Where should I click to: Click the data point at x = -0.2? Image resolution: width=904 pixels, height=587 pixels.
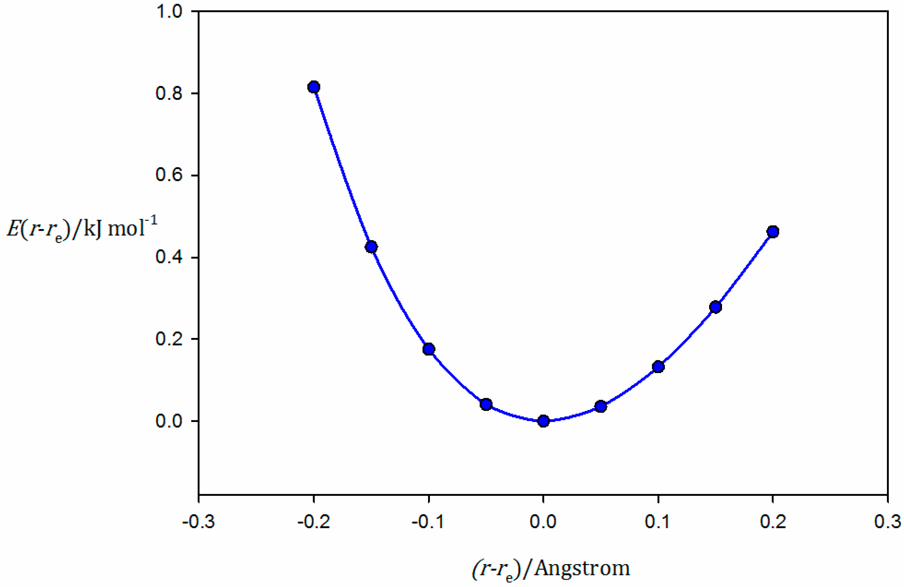coord(314,87)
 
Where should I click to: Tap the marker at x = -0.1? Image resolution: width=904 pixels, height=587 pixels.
coord(429,349)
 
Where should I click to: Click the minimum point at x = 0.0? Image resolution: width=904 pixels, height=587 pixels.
coord(544,421)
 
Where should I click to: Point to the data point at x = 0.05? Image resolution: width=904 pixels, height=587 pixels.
coord(601,407)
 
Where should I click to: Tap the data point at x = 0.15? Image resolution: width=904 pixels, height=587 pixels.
coord(716,307)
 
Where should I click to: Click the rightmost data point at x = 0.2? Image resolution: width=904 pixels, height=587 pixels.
coord(773,231)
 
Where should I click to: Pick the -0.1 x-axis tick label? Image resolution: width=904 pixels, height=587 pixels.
coord(428,522)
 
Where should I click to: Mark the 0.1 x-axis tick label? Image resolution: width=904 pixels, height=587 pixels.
coord(658,522)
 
